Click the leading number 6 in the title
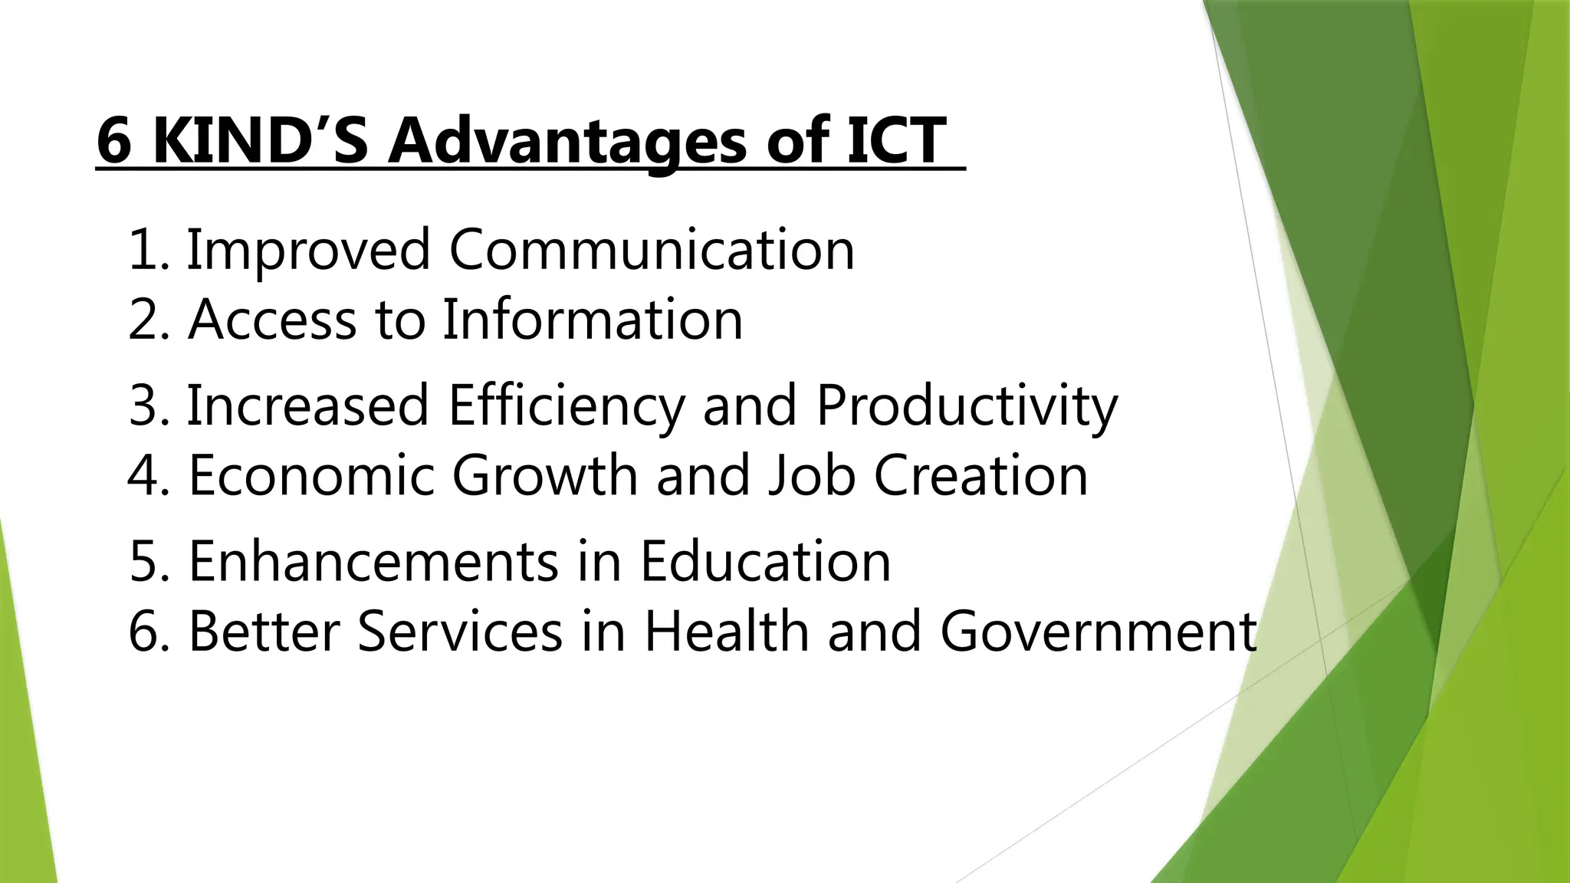pos(113,141)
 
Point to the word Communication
pos(652,250)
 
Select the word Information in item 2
pos(593,319)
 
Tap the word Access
pos(272,319)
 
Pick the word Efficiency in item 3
pos(566,406)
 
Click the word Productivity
pos(966,406)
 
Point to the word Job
pos(811,475)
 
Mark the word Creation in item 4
pos(981,475)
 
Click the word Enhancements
pos(373,561)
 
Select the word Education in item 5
pos(765,561)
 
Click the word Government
pos(1099,632)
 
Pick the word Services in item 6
pos(460,632)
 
